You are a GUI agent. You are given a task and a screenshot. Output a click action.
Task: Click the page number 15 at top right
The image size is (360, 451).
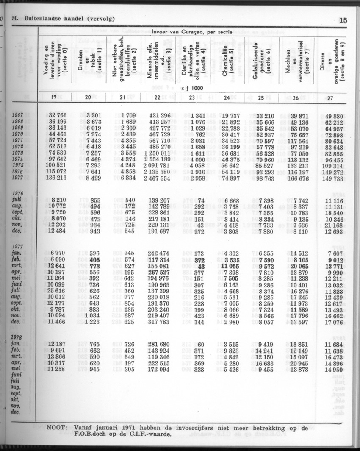coord(343,20)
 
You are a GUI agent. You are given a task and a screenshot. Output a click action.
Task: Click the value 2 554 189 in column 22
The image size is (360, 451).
coord(157,159)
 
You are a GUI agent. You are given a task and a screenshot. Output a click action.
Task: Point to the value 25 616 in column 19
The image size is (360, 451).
coord(55,291)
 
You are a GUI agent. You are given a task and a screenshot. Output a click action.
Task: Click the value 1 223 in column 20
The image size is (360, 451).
coord(89,322)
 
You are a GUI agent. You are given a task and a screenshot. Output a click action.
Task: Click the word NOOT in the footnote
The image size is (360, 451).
coord(57,427)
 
